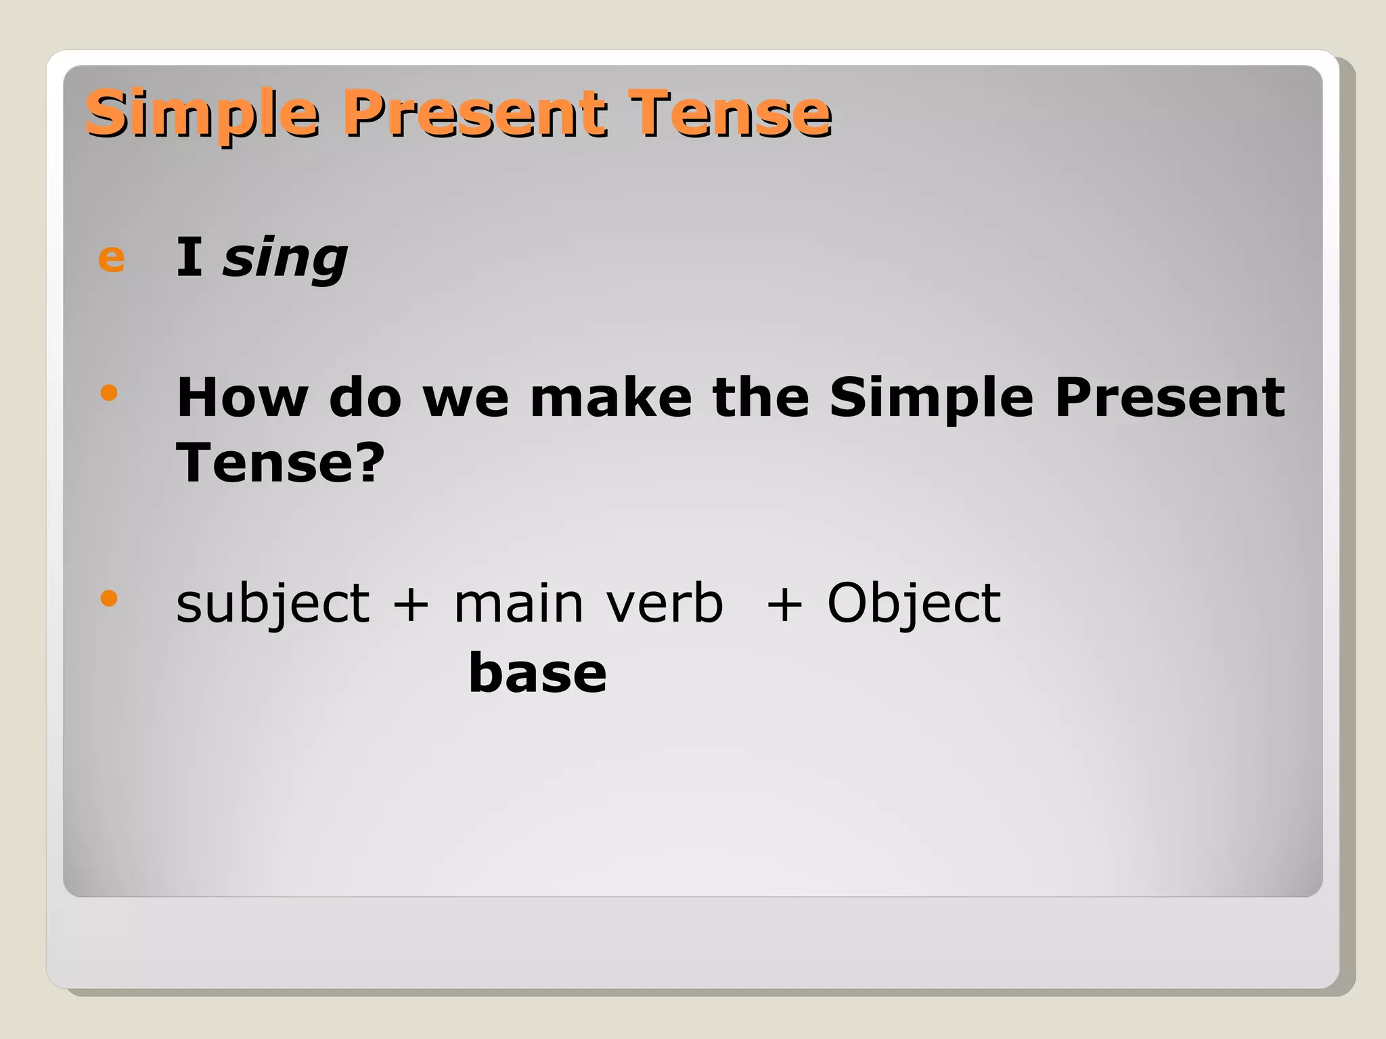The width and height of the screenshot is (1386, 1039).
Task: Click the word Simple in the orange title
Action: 202,114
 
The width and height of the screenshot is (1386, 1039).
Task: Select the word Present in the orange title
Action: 474,114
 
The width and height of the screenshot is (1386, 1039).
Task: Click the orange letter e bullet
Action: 112,258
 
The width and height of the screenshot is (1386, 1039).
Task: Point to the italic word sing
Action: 285,258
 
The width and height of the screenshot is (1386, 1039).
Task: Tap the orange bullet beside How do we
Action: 109,392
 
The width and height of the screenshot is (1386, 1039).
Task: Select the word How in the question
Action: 242,398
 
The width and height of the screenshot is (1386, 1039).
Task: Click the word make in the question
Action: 610,398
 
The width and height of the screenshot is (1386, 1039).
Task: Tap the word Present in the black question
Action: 1169,398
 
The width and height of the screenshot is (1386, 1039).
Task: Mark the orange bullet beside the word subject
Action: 109,598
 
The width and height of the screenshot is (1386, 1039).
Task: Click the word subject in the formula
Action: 273,603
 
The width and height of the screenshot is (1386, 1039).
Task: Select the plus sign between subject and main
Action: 411,603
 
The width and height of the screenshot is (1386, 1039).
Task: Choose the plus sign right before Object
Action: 784,603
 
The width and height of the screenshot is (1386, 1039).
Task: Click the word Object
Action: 914,603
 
